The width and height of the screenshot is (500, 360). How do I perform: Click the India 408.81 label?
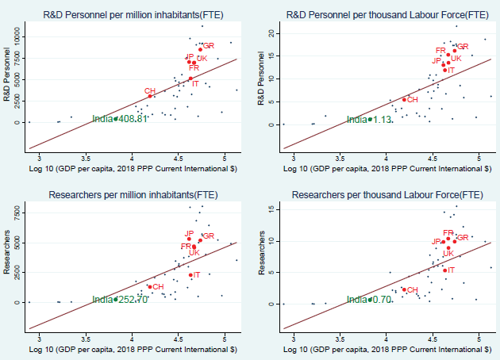(x=119, y=118)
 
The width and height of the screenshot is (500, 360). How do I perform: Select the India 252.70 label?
(x=119, y=300)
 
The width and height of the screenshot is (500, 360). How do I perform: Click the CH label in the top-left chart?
(x=149, y=91)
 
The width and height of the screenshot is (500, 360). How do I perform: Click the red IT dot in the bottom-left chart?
(x=190, y=275)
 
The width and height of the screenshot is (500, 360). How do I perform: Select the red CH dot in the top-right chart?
(x=404, y=99)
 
